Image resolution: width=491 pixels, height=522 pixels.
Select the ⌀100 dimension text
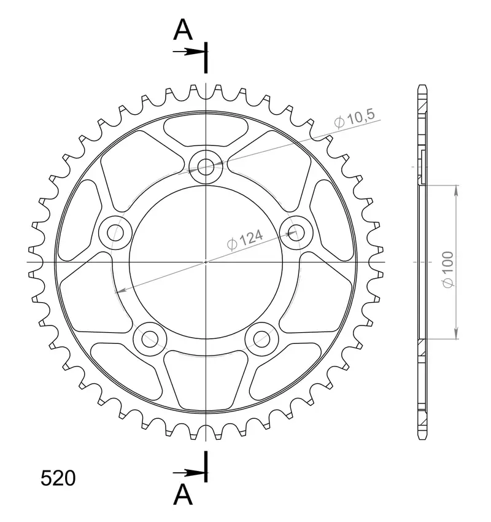click(x=448, y=270)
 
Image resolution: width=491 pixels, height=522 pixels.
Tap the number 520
click(x=58, y=478)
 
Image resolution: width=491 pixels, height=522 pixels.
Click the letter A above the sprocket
click(x=183, y=29)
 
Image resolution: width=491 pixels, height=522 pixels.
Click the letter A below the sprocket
click(x=183, y=494)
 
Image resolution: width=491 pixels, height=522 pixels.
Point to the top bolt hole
click(x=206, y=167)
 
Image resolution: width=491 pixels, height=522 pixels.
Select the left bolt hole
click(x=115, y=232)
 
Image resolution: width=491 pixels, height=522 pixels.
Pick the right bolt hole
click(x=296, y=232)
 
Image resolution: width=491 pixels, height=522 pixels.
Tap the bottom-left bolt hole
click(x=150, y=339)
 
